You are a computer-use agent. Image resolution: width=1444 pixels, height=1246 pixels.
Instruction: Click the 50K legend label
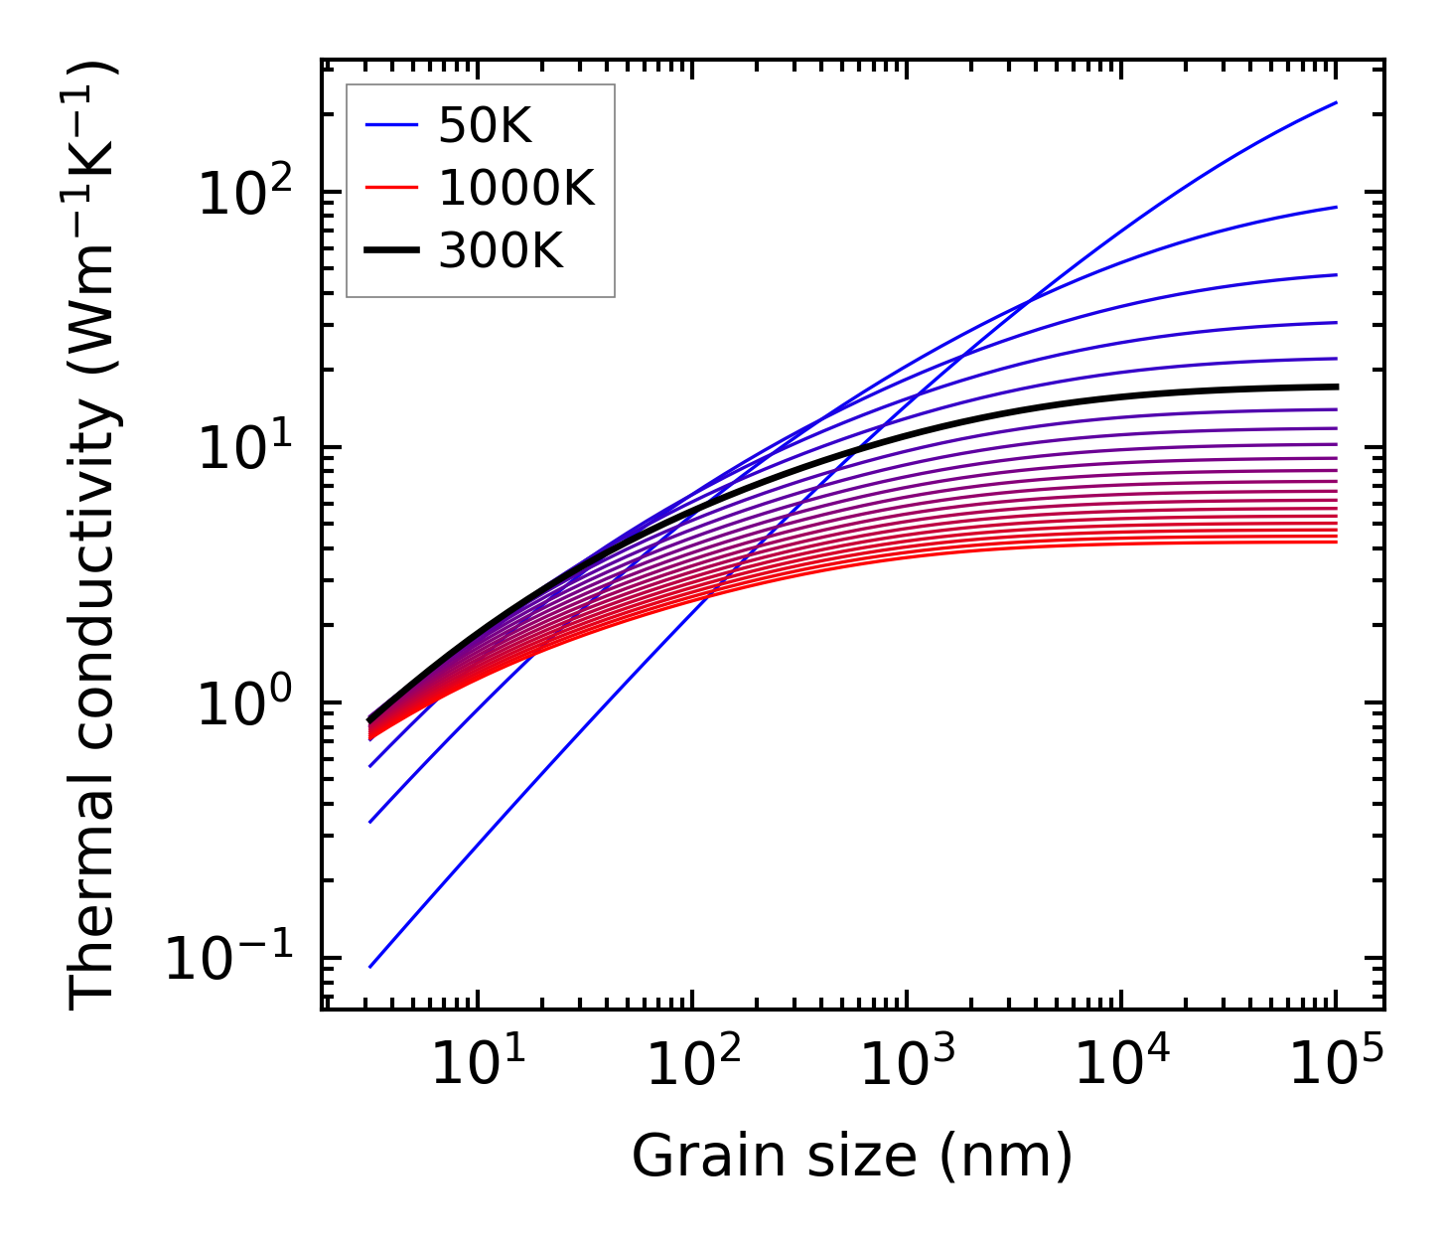(x=486, y=126)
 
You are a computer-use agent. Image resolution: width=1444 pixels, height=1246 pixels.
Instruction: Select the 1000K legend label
(x=516, y=189)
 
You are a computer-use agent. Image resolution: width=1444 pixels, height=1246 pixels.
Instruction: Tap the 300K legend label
(x=501, y=251)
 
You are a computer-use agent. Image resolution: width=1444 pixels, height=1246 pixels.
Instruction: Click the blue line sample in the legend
(x=392, y=126)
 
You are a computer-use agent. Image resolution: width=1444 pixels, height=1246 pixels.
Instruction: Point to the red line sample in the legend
(x=392, y=189)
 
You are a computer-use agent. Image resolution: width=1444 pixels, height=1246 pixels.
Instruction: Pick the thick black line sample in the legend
(x=392, y=251)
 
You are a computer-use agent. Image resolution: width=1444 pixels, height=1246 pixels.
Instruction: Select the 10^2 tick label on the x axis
(x=693, y=1063)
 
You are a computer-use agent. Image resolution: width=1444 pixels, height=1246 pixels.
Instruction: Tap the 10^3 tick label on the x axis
(x=908, y=1063)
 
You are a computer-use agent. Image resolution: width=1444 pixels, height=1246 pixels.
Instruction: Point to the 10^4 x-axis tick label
(x=1122, y=1063)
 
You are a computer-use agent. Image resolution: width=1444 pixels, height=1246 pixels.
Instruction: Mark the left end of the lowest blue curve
(x=369, y=967)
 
